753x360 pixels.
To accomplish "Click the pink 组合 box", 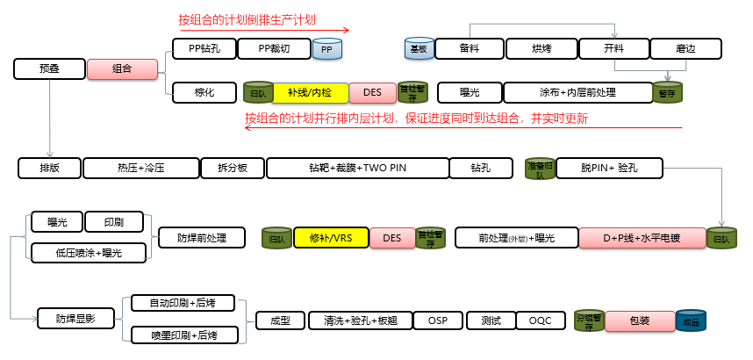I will click(122, 68).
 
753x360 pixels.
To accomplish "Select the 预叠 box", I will click(50, 68).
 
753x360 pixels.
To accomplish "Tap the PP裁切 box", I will click(273, 49).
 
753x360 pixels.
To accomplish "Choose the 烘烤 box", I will click(541, 49).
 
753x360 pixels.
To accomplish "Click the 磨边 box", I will click(685, 49).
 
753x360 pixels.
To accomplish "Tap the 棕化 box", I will click(204, 91).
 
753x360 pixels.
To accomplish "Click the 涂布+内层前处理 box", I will click(577, 92).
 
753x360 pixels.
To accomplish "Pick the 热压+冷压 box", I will click(140, 168).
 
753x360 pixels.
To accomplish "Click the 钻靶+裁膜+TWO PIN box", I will click(357, 168).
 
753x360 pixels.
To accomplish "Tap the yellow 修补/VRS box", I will click(330, 238).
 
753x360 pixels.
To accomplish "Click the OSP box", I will click(438, 320).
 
